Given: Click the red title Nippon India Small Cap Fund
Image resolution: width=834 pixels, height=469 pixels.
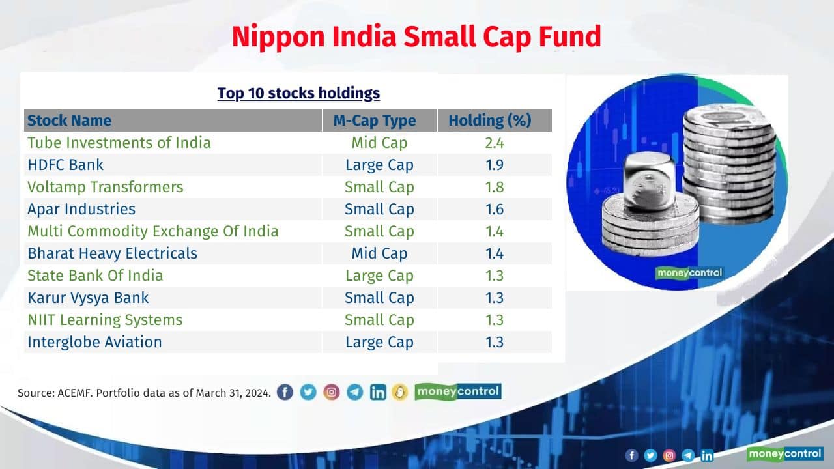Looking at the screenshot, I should click(x=416, y=36).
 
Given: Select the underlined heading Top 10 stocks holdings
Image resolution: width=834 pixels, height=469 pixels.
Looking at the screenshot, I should click(x=298, y=93).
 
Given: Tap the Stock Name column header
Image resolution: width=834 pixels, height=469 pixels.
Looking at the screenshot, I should click(x=69, y=121).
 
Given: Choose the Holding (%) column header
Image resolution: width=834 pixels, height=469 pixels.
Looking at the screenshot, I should click(x=489, y=121).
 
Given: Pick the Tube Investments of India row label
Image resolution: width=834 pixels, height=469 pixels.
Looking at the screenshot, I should click(x=119, y=143).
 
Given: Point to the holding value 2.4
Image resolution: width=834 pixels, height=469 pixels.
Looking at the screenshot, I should click(x=495, y=143).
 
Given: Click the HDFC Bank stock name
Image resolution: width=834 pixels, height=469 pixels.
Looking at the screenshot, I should click(x=65, y=165).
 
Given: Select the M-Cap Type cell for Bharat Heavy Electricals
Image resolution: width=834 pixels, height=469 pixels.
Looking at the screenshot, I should click(x=379, y=253).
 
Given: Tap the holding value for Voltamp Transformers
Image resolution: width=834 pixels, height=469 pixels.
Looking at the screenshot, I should click(x=495, y=187).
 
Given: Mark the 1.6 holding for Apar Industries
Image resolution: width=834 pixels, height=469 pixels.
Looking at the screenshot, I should click(x=495, y=209).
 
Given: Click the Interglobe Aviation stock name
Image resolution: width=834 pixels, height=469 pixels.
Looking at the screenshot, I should click(x=94, y=342).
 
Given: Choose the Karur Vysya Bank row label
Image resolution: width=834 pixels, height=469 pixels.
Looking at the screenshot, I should click(x=88, y=298).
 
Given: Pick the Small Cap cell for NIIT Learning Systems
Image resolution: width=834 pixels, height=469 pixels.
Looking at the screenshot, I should click(x=379, y=320).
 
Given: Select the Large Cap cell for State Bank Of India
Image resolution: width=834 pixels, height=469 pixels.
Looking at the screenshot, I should click(x=379, y=276).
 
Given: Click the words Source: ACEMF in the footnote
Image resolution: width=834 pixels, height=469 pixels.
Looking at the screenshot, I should click(x=55, y=393).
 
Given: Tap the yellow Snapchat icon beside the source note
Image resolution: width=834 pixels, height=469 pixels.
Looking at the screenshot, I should click(x=399, y=392).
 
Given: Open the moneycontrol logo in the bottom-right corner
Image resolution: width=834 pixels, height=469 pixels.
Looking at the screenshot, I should click(x=784, y=453).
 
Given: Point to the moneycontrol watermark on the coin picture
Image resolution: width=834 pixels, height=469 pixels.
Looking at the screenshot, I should click(x=689, y=273).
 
